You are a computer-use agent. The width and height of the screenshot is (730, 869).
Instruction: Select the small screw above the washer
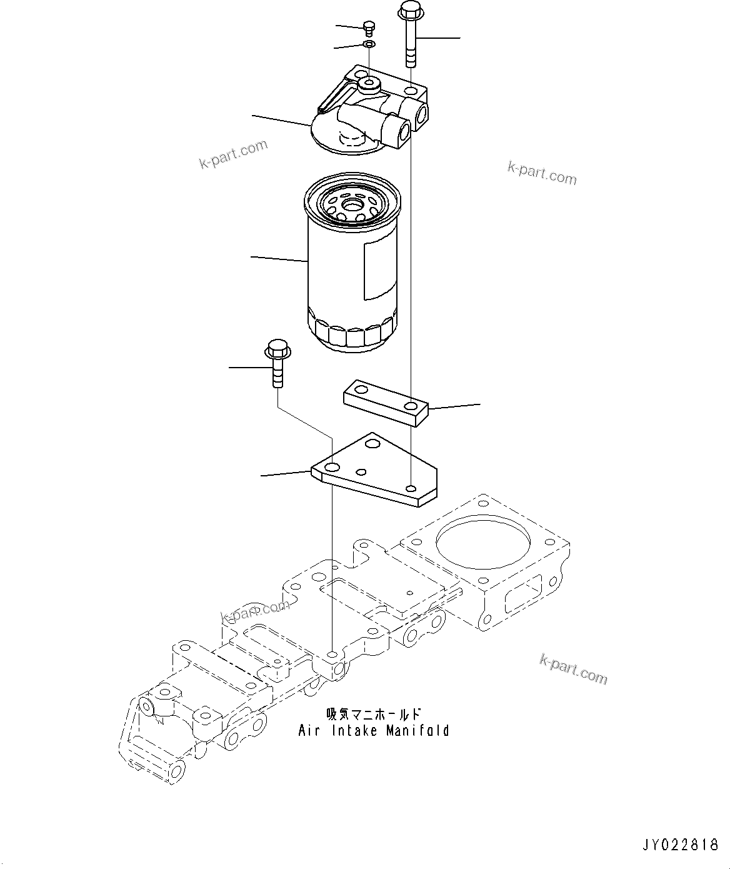(x=368, y=26)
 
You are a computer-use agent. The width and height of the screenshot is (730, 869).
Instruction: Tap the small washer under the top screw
(x=369, y=44)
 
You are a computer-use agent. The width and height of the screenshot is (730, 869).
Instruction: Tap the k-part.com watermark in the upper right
(x=542, y=173)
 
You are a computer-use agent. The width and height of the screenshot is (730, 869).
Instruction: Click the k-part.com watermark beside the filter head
(x=233, y=154)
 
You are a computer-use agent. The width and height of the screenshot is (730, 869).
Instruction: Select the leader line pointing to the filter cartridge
(x=279, y=258)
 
